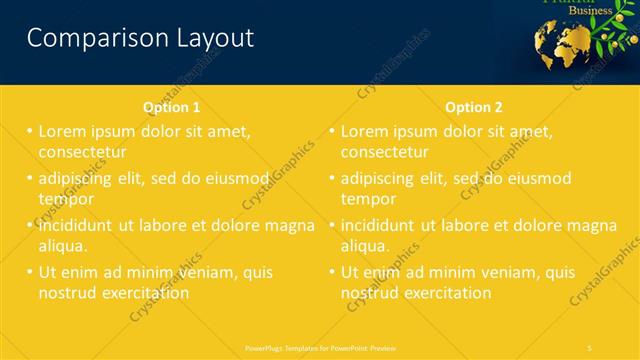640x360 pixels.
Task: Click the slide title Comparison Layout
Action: coord(140,38)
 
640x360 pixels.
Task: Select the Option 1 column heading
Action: coord(171,107)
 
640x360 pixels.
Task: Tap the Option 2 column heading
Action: coord(474,107)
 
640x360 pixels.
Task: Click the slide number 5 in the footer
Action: coord(590,347)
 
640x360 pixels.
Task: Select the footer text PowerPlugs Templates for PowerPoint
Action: coord(320,347)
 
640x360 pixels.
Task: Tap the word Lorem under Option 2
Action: coord(366,131)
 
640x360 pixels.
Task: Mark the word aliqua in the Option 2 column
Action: coord(366,245)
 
